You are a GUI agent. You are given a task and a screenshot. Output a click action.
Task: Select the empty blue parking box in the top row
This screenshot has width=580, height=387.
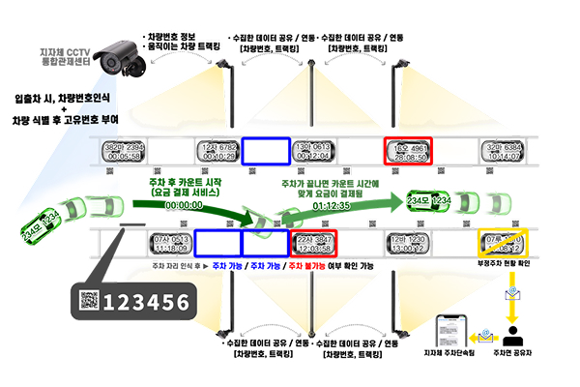pos(265,151)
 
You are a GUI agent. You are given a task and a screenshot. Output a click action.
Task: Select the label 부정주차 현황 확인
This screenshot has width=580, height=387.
pos(507,264)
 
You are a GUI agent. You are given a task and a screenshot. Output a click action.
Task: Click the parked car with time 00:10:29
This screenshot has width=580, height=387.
pos(220,151)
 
